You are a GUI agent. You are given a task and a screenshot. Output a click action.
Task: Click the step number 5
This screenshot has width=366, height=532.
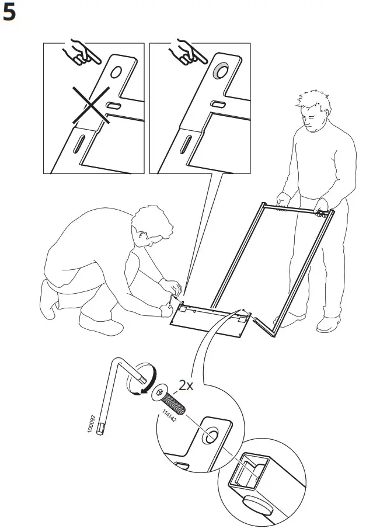pos(9,13)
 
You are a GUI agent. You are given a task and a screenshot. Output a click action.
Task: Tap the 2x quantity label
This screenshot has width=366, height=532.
pos(186,385)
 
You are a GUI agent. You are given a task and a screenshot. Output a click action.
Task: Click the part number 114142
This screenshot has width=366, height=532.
pos(169,416)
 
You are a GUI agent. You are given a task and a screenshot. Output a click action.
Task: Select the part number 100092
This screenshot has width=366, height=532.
pos(92,423)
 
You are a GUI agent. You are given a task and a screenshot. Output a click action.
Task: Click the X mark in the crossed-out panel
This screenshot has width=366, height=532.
pos(91,105)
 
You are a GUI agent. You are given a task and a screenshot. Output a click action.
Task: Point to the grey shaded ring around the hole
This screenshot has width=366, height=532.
pos(221,71)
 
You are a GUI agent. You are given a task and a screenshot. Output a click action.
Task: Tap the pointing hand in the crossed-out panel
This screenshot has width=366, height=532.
pos(82,53)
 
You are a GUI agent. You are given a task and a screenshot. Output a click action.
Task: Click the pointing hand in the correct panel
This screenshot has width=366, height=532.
pos(188,53)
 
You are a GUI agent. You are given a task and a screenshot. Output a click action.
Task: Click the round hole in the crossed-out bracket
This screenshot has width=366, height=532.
pos(116,72)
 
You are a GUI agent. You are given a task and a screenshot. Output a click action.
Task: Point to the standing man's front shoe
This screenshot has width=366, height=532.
pos(328,324)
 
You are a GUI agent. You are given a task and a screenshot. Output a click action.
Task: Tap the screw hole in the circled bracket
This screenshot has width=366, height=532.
pos(210,435)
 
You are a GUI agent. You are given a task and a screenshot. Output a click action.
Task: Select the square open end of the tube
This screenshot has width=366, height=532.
pos(249,470)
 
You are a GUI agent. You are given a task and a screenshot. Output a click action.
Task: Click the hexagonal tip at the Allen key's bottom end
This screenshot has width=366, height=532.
pos(100,429)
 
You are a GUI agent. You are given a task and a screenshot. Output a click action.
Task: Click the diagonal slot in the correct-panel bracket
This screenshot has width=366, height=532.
pos(186,144)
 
